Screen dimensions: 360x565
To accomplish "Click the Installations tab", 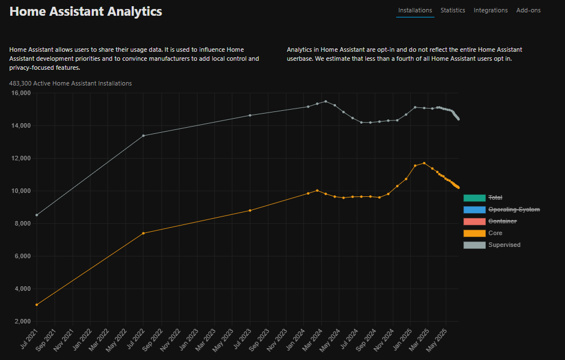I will pyautogui.click(x=415, y=10).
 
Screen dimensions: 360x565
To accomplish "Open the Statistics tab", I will pyautogui.click(x=452, y=10).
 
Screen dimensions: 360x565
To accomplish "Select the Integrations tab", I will pyautogui.click(x=490, y=10).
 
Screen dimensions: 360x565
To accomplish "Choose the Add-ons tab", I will pyautogui.click(x=528, y=10).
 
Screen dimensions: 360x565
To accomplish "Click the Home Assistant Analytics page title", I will pyautogui.click(x=86, y=11).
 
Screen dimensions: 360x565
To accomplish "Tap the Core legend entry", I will pyautogui.click(x=495, y=233).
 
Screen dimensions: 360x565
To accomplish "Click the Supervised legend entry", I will pyautogui.click(x=504, y=245).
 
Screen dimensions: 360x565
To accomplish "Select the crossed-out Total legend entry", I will pyautogui.click(x=495, y=197).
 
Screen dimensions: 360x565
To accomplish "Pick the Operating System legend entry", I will pyautogui.click(x=514, y=209).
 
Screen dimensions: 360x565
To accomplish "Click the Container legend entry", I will pyautogui.click(x=502, y=221).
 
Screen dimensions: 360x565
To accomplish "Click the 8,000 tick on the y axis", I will pyautogui.click(x=23, y=224).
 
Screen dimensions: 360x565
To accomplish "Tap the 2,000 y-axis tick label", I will pyautogui.click(x=23, y=322).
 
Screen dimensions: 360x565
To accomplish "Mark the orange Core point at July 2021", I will pyautogui.click(x=37, y=305).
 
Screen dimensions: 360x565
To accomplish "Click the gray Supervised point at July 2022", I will pyautogui.click(x=144, y=136).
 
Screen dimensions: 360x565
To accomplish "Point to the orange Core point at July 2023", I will pyautogui.click(x=250, y=210).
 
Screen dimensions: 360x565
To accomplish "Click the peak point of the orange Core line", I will pyautogui.click(x=424, y=163).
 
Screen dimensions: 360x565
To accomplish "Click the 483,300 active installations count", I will pyautogui.click(x=70, y=83).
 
